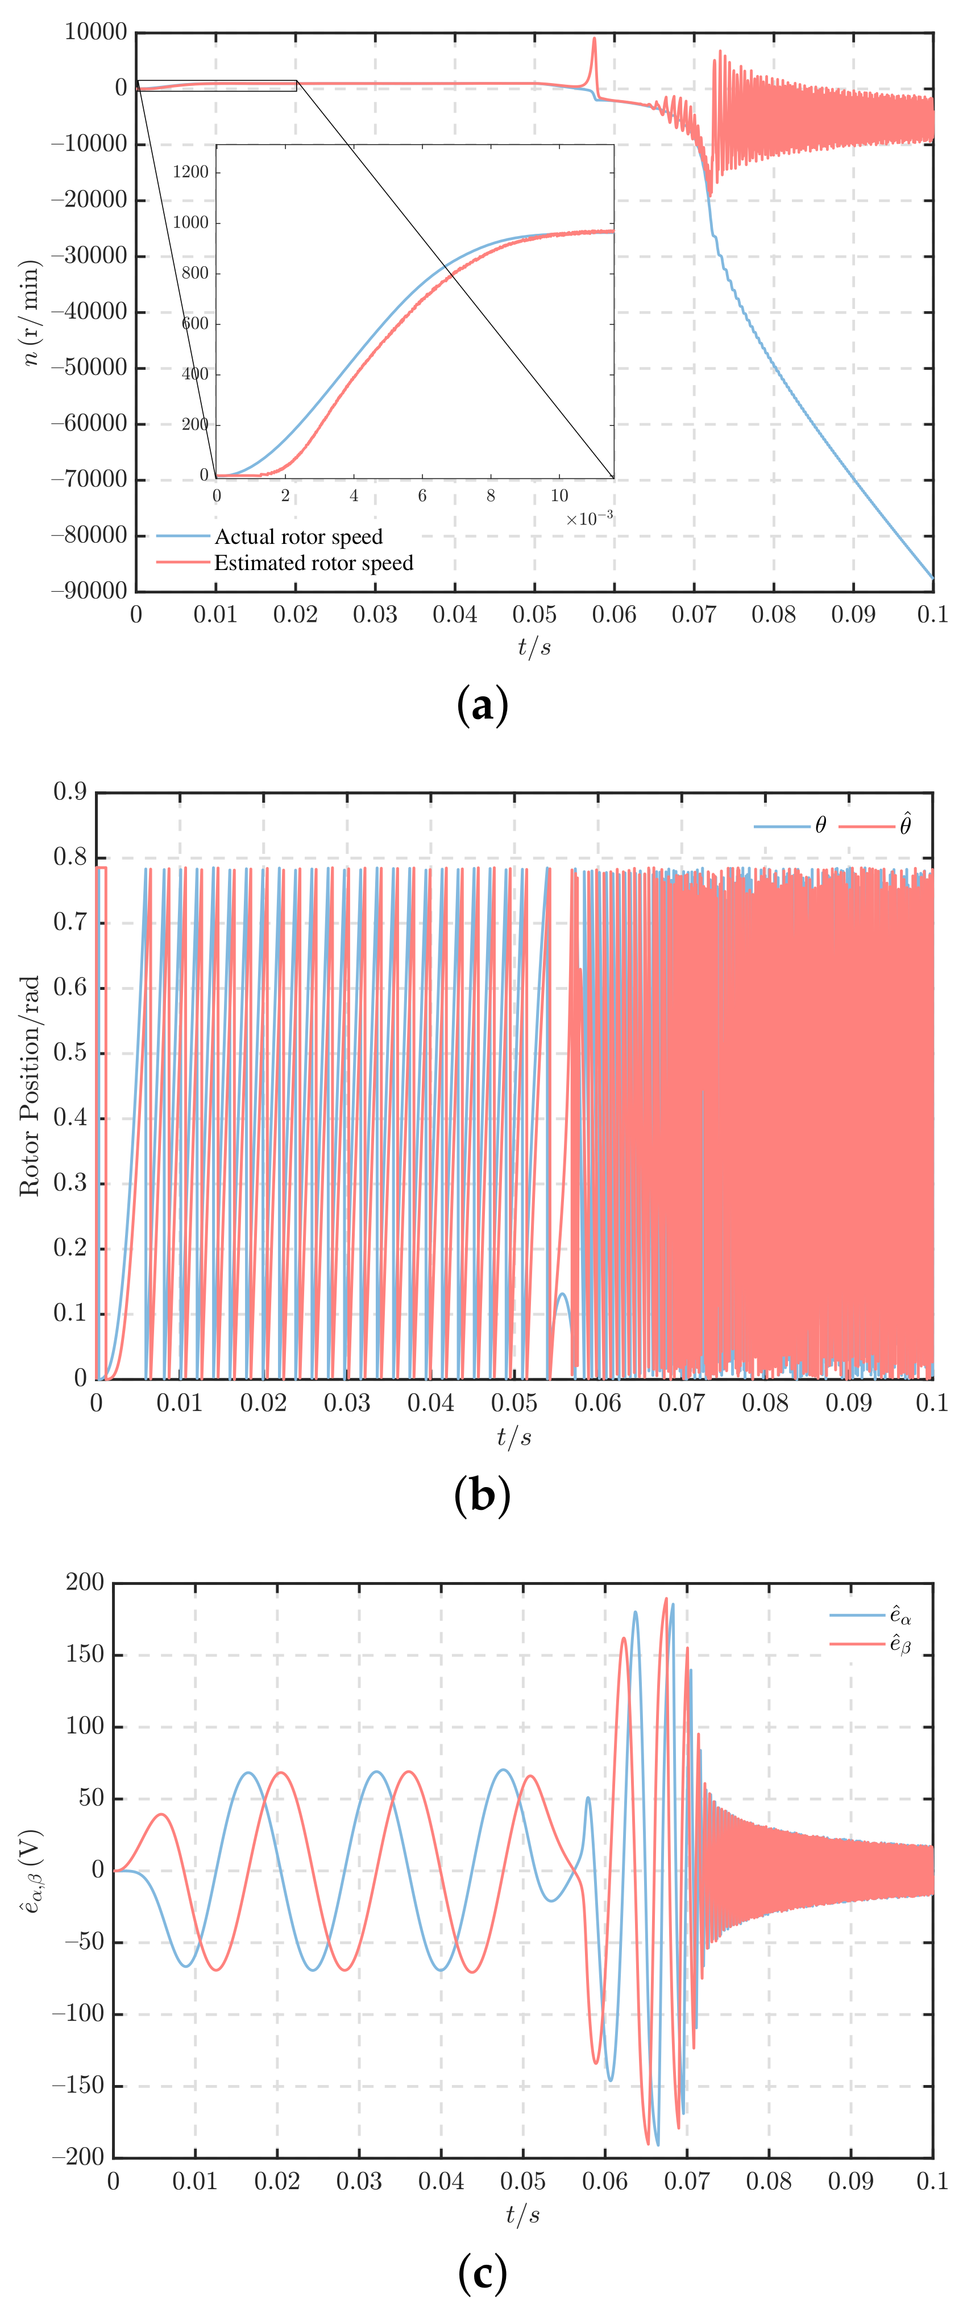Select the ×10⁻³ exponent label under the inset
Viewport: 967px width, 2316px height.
588,519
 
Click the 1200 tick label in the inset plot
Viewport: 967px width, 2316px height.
190,172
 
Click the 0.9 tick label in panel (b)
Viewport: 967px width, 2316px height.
70,791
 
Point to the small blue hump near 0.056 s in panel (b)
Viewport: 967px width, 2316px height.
562,1295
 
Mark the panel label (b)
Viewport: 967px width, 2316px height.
483,1495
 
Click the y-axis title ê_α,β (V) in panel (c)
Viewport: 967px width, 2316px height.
30,1870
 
